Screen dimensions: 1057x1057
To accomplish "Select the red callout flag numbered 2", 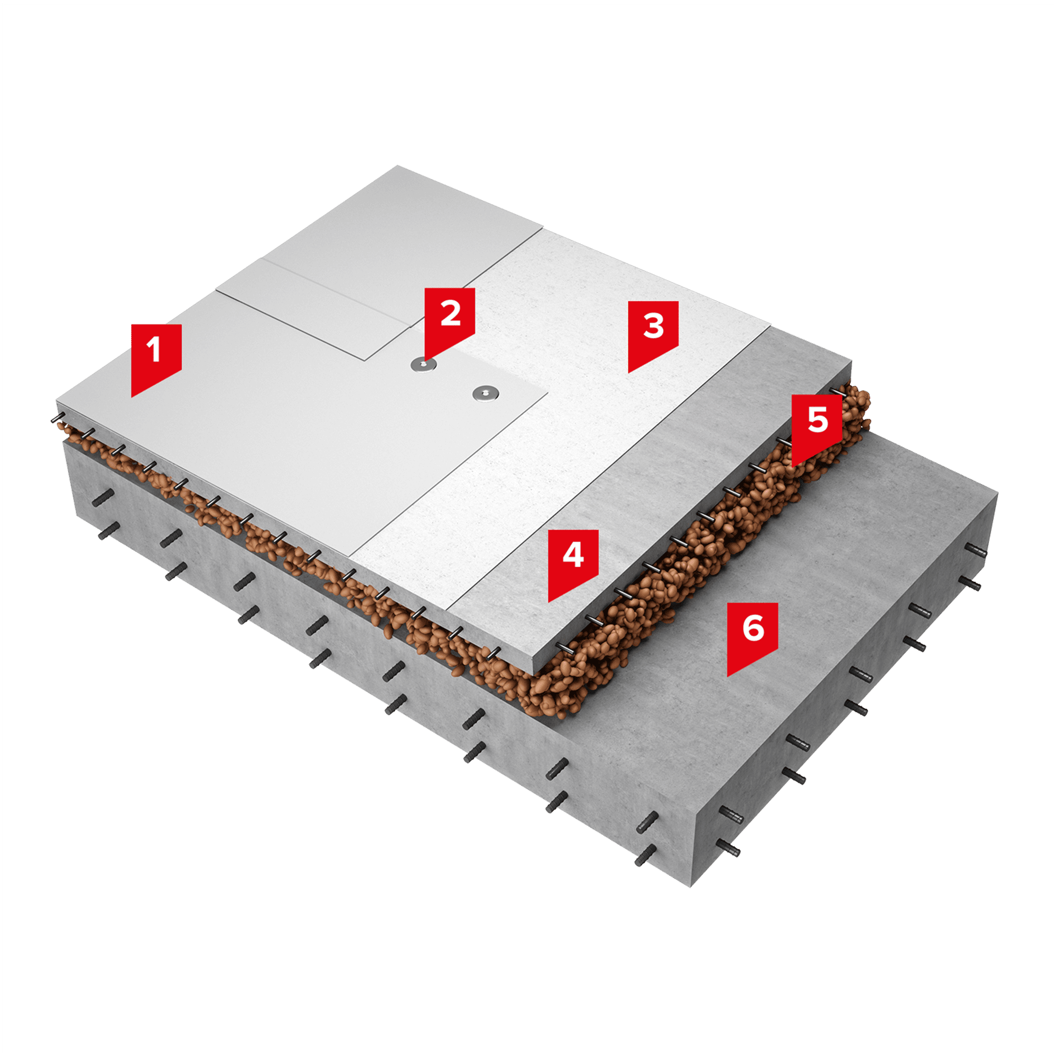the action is (x=450, y=323).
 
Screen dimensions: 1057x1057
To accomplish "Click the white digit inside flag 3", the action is (x=653, y=326).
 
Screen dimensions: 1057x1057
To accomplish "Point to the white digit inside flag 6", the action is (x=753, y=627).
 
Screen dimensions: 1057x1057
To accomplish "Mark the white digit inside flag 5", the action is (x=818, y=420).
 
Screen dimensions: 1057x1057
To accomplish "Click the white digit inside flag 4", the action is (x=573, y=555).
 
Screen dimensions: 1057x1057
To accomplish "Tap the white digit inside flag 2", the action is (x=450, y=313).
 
